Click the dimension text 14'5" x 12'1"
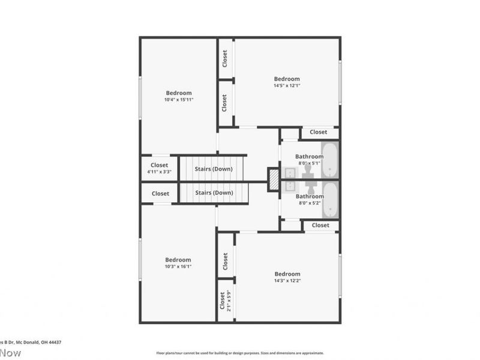tap(287, 86)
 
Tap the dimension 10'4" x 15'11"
tap(179, 100)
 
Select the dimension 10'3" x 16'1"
tap(178, 266)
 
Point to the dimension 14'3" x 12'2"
tap(287, 280)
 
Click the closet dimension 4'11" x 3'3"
tap(160, 172)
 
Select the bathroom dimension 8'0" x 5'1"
tap(309, 163)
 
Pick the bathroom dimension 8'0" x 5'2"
tap(309, 203)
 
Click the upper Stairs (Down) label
tap(214, 169)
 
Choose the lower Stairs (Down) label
tap(214, 193)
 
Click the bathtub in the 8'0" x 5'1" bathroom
tap(330, 160)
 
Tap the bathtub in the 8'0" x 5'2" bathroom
tap(330, 200)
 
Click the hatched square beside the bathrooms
tap(273, 179)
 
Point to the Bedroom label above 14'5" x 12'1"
tap(287, 79)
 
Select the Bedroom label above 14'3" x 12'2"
tap(287, 274)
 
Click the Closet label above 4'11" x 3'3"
tap(160, 165)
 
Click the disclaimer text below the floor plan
tap(240, 353)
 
